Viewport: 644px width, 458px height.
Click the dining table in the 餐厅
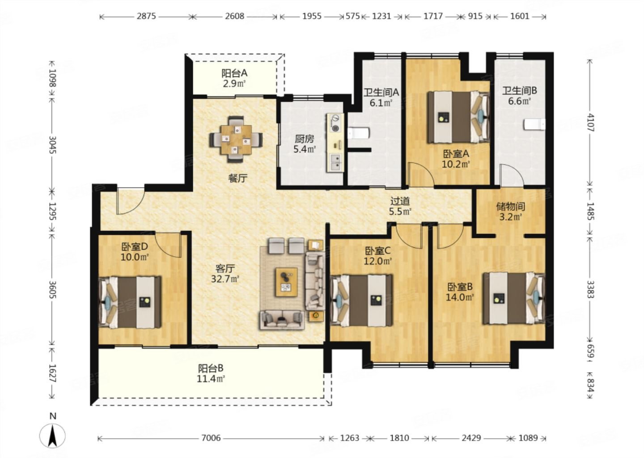point(236,139)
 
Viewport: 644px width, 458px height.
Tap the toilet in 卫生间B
point(534,124)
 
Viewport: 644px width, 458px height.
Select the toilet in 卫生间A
point(358,133)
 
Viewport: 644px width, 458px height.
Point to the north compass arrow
point(52,436)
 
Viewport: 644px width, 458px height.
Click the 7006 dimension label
point(211,438)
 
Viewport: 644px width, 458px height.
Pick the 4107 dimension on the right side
point(590,123)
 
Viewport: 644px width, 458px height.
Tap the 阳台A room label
point(234,73)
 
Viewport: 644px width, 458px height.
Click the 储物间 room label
point(511,207)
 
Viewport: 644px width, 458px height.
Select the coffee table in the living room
point(286,282)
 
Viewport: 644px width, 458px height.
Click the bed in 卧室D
point(130,302)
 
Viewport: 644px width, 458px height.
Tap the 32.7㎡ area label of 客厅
point(225,279)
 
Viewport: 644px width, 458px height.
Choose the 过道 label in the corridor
point(400,201)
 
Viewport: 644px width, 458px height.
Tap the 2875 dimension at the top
point(146,16)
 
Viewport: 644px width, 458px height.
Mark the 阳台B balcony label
point(211,368)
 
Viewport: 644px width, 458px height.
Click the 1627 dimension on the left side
point(52,373)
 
